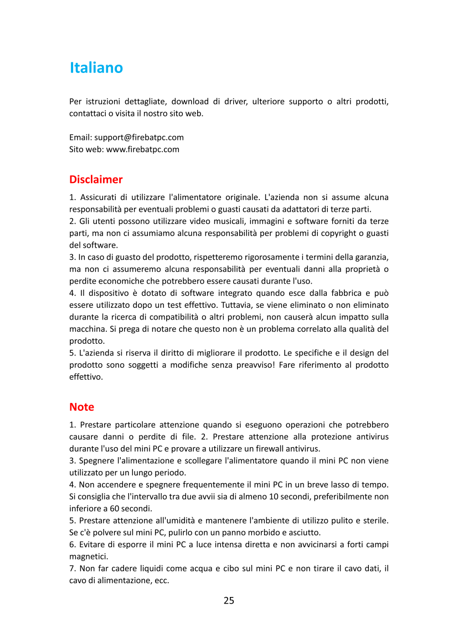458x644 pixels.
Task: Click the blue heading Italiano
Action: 96,68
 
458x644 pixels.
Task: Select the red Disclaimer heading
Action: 96,180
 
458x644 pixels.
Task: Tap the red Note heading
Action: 81,407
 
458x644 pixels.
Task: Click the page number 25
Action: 229,600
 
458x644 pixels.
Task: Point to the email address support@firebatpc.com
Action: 139,137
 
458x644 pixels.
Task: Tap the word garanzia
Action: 374,257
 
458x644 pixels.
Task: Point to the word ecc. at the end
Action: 160,580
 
